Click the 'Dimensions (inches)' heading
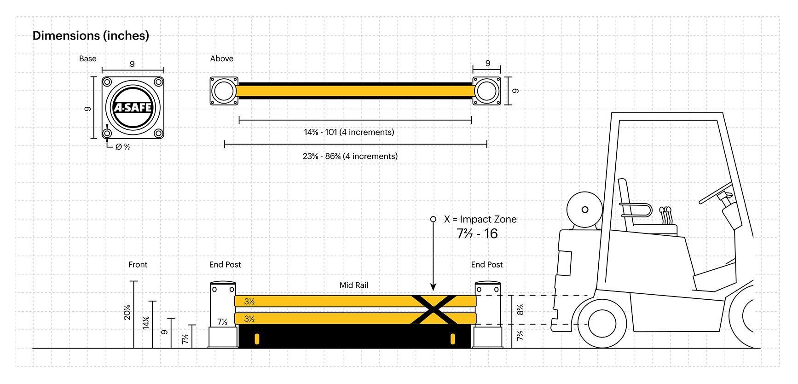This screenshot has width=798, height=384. pos(91,35)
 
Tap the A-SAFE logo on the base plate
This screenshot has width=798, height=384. pos(133,107)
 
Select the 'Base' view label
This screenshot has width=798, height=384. pos(87,58)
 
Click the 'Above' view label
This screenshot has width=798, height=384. pos(221,58)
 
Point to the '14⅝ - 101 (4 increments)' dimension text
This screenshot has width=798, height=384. pos(349,132)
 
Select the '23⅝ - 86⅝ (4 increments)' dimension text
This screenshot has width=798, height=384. pos(350,156)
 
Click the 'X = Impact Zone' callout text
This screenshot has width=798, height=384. pos(480,219)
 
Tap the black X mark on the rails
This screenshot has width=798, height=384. pos(434,309)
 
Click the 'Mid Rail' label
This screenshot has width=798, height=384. pos(353,285)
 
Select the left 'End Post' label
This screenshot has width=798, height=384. pos(225,264)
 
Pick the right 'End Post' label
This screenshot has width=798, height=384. pos(486,264)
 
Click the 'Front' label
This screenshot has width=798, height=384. pos(138,264)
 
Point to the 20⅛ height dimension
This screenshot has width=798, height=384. pos(127,312)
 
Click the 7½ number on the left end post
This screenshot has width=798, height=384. pos(222,321)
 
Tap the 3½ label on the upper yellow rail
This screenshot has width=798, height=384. pos(249,302)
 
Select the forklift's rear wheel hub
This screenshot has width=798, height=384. pos(601,323)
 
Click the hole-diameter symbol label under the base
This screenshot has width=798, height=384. pos(122,146)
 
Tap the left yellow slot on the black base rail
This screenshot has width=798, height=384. pos(257,339)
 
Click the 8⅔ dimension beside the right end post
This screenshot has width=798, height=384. pos(520,309)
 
